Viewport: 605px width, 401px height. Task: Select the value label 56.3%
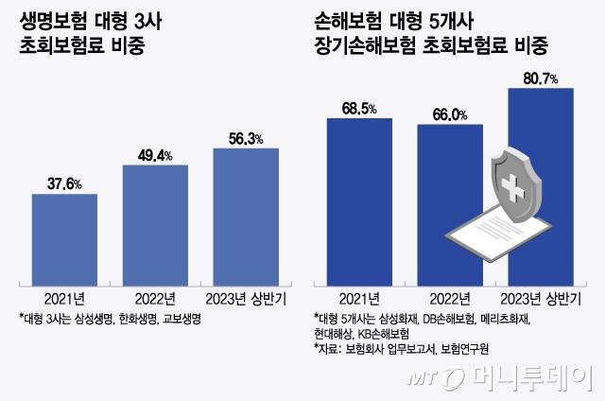pos(246,138)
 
